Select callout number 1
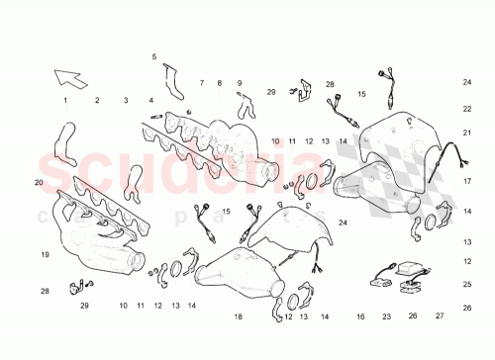[66, 101]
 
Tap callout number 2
[97, 101]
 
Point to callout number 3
[126, 101]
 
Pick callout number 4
[151, 101]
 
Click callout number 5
[154, 57]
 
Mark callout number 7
[202, 83]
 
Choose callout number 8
[220, 83]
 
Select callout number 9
[240, 83]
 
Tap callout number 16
[360, 317]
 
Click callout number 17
[467, 183]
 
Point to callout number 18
[238, 316]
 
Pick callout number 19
[45, 255]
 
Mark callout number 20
[39, 183]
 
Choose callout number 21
[467, 132]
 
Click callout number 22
[467, 110]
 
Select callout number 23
[387, 317]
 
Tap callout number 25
[467, 285]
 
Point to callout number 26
[413, 317]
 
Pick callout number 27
[440, 317]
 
